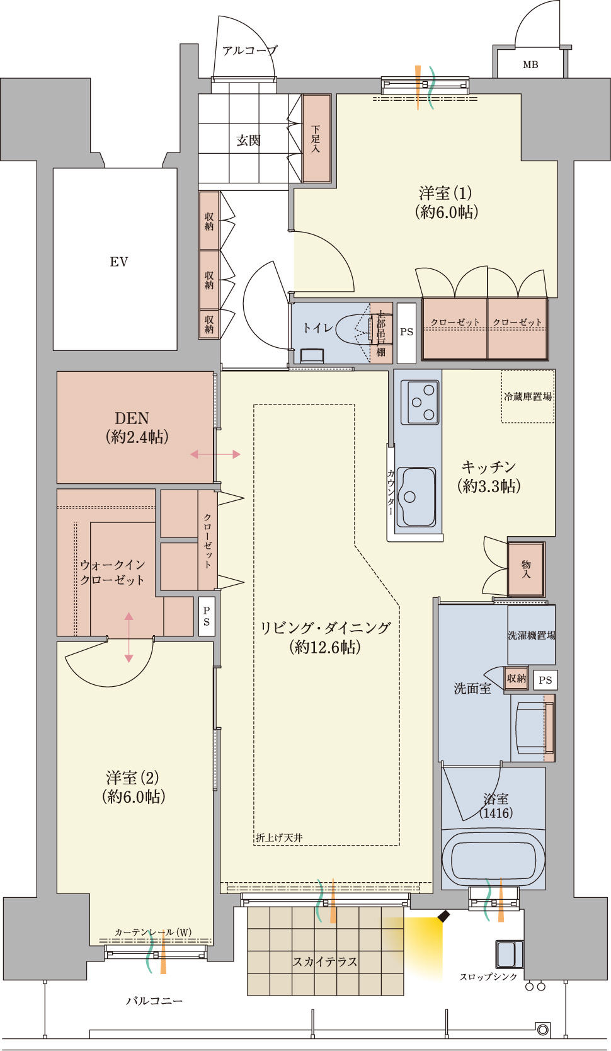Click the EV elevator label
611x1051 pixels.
click(118, 262)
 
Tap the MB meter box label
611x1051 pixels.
click(530, 65)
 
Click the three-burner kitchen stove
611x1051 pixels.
click(420, 402)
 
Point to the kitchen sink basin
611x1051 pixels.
click(416, 497)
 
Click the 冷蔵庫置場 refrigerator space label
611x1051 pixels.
click(528, 396)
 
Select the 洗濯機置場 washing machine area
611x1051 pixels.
click(531, 635)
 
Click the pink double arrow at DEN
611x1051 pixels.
click(215, 454)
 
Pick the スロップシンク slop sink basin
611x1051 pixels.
click(509, 955)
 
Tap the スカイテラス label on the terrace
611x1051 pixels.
click(325, 962)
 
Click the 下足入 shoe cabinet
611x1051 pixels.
click(316, 139)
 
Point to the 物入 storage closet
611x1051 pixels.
click(526, 569)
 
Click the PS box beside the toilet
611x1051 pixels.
click(406, 333)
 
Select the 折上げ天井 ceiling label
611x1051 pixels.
click(279, 837)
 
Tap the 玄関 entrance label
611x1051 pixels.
click(248, 140)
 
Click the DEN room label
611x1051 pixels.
click(132, 418)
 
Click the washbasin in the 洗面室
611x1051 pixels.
click(531, 728)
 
